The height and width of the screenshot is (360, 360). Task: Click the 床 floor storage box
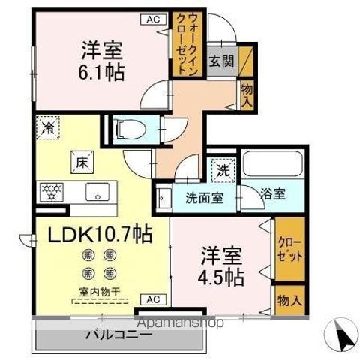[x=80, y=160]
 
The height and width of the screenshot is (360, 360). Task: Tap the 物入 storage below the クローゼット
[x=289, y=299]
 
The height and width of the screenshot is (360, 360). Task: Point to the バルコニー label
[x=118, y=334]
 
